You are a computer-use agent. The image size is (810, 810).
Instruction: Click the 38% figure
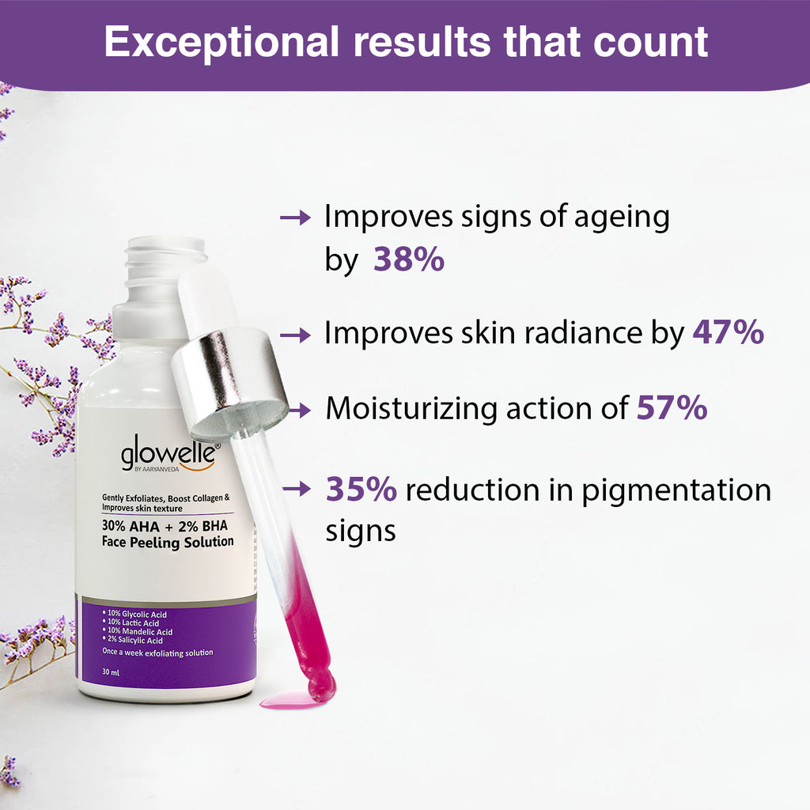point(408,259)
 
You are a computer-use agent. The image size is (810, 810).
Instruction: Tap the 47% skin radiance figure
point(728,333)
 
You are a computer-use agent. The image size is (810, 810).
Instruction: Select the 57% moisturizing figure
point(672,408)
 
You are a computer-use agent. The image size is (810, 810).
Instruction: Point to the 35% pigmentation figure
point(361,490)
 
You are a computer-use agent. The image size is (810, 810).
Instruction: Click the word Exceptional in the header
point(222,42)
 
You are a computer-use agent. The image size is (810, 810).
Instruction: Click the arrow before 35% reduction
point(296,490)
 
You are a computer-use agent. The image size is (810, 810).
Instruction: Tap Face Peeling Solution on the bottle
point(168,542)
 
